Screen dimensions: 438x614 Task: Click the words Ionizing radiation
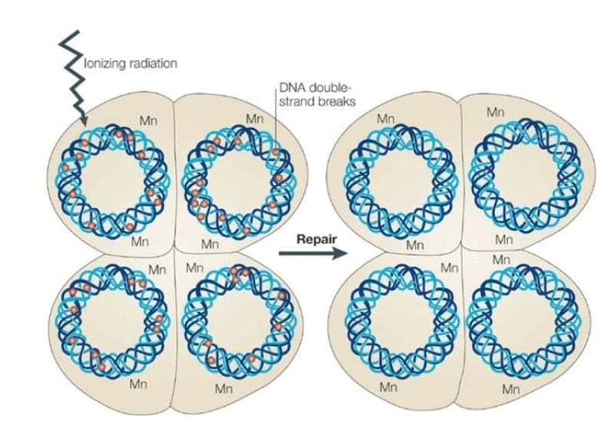click(x=130, y=64)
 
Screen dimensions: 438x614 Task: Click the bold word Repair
click(x=315, y=239)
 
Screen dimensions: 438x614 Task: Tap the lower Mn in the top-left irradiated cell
click(x=140, y=242)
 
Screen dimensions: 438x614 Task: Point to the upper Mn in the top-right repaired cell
click(x=496, y=113)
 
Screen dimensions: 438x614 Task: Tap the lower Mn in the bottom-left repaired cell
click(x=390, y=387)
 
